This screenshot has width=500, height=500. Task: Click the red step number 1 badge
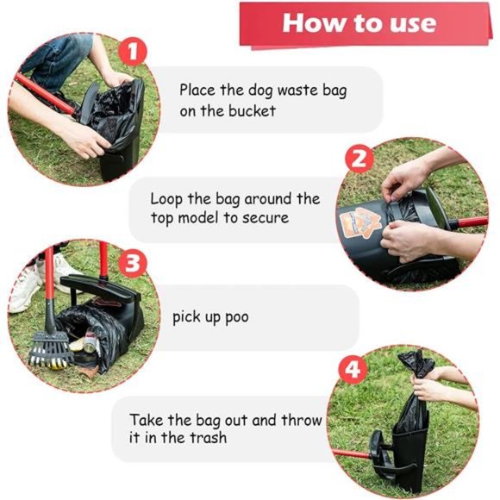(131, 53)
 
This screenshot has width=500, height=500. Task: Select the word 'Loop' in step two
(166, 199)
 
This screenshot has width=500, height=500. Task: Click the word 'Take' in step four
(146, 421)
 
